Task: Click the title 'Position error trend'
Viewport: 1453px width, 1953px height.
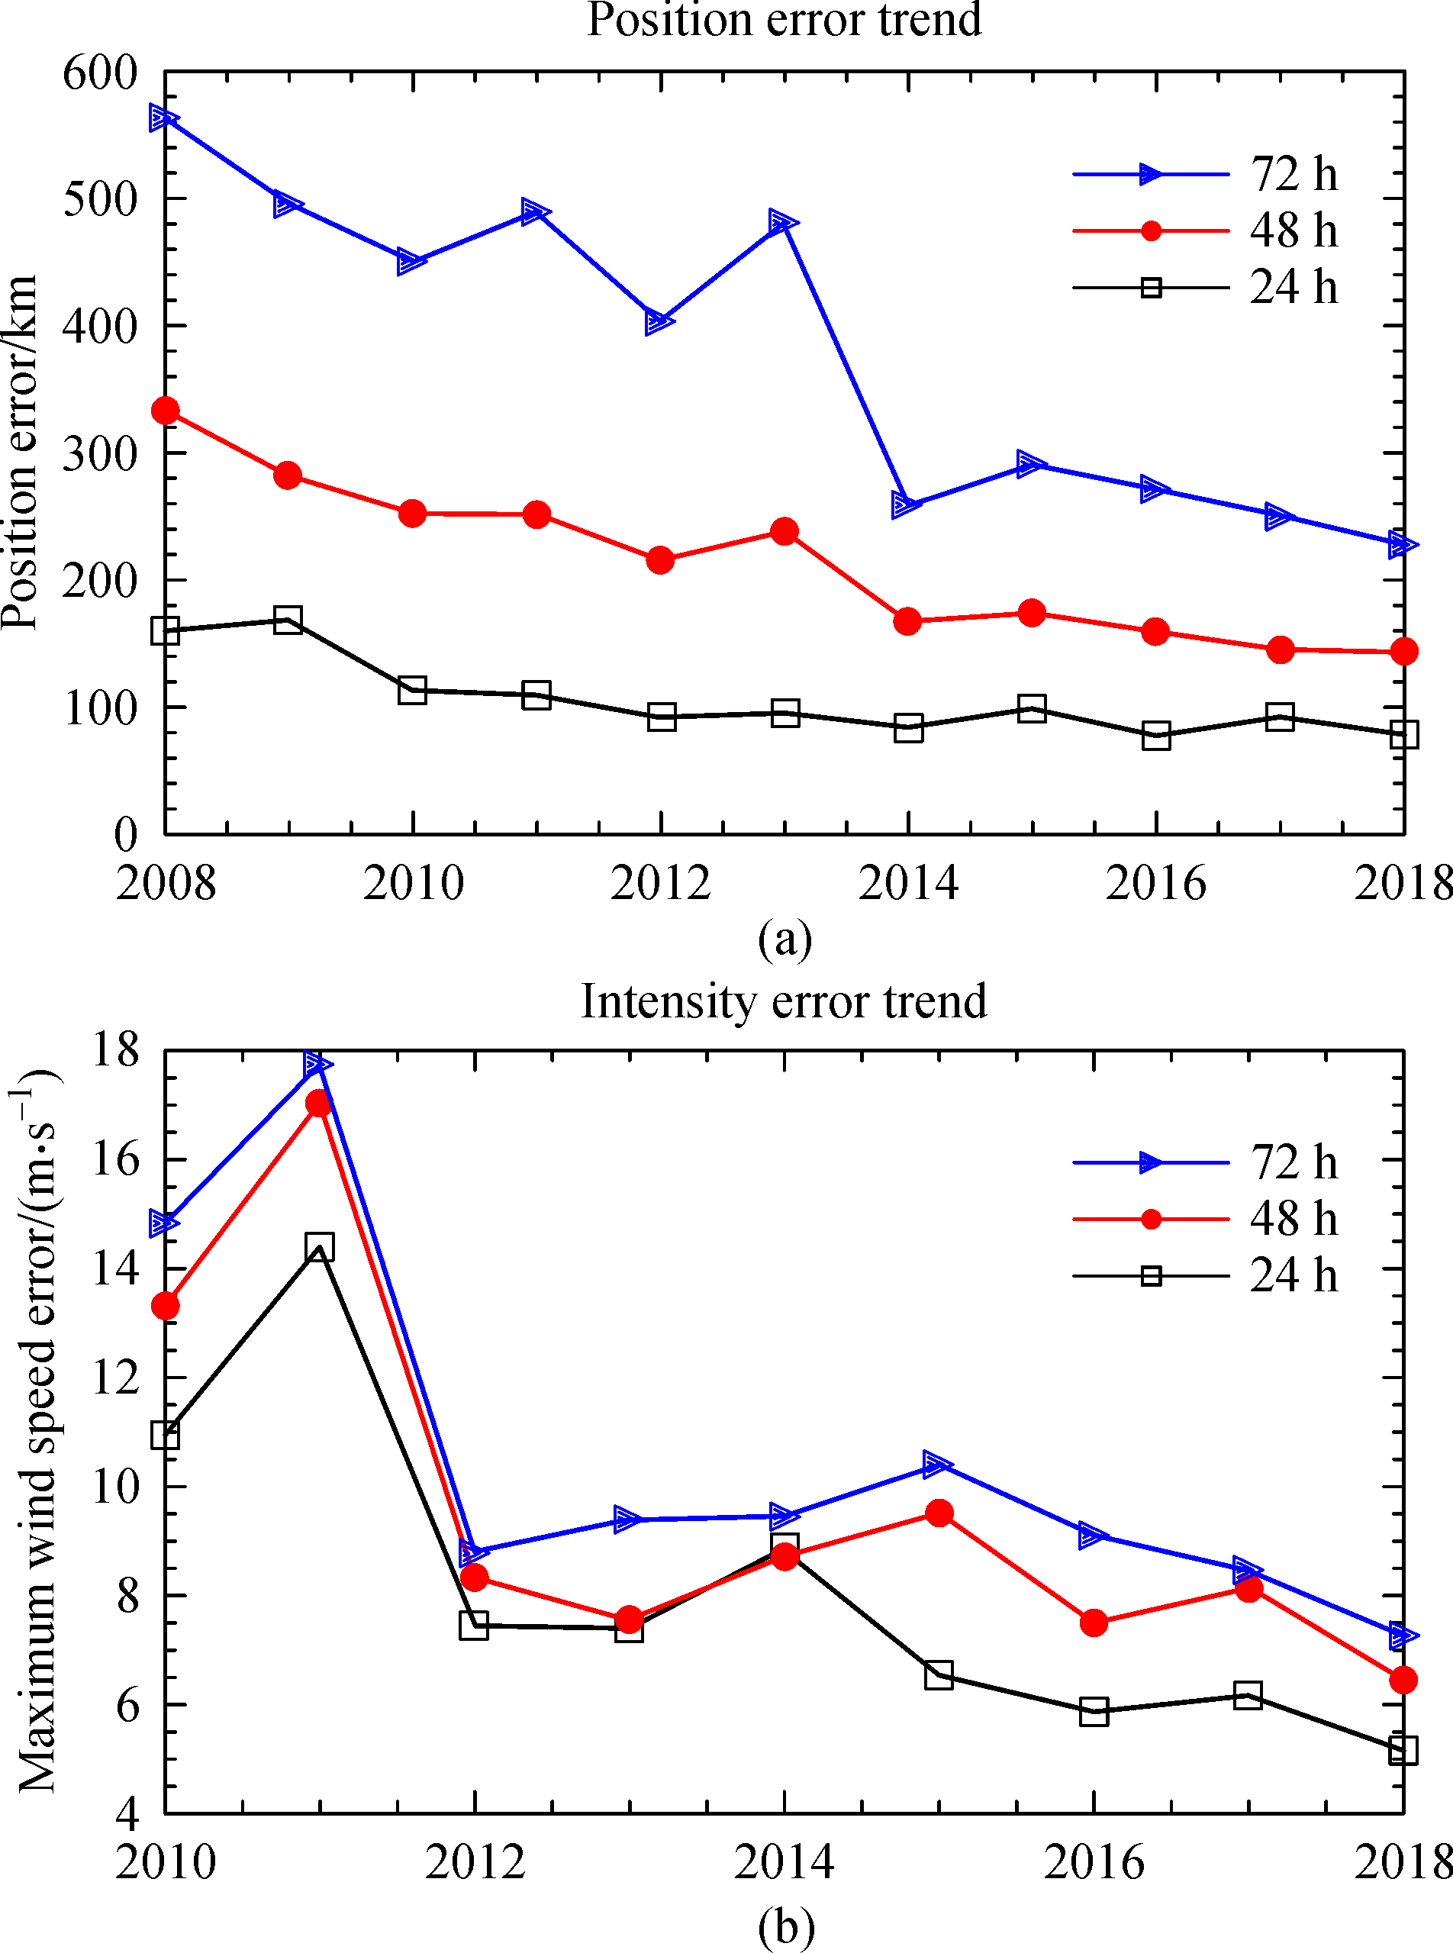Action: pos(784,19)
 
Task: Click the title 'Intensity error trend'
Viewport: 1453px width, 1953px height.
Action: pos(784,1001)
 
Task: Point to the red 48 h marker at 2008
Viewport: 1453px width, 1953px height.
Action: pos(166,410)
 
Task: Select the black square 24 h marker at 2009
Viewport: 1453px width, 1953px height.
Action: pos(288,620)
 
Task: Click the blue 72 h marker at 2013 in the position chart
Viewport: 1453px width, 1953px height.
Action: pos(783,221)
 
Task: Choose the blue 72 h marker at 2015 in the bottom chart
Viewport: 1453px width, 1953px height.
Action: pos(939,1465)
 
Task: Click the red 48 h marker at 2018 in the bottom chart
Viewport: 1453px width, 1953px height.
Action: pos(1403,1681)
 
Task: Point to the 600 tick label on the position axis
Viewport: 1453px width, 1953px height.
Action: pos(100,73)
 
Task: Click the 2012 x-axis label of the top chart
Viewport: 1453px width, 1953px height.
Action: pos(659,882)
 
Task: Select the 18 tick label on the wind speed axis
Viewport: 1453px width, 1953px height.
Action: pos(115,1049)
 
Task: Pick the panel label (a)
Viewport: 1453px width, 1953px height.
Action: pos(784,939)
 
